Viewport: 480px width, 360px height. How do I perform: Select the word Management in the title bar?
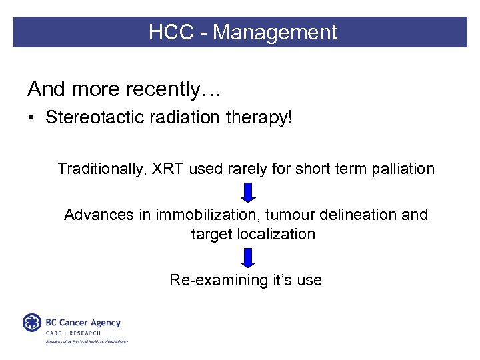(x=275, y=32)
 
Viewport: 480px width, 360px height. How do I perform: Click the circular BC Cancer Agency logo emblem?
(x=31, y=322)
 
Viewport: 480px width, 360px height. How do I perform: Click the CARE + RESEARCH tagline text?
(x=73, y=333)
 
